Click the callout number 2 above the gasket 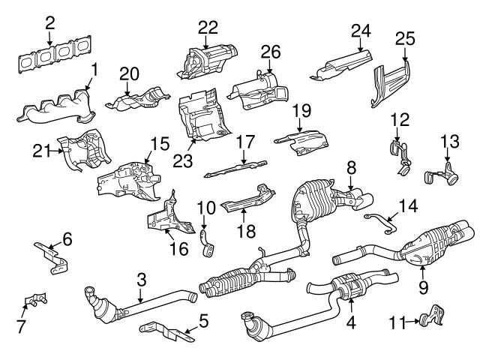click(x=49, y=23)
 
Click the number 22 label click(x=208, y=28)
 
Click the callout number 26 click(x=270, y=51)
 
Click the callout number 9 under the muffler click(x=423, y=286)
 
